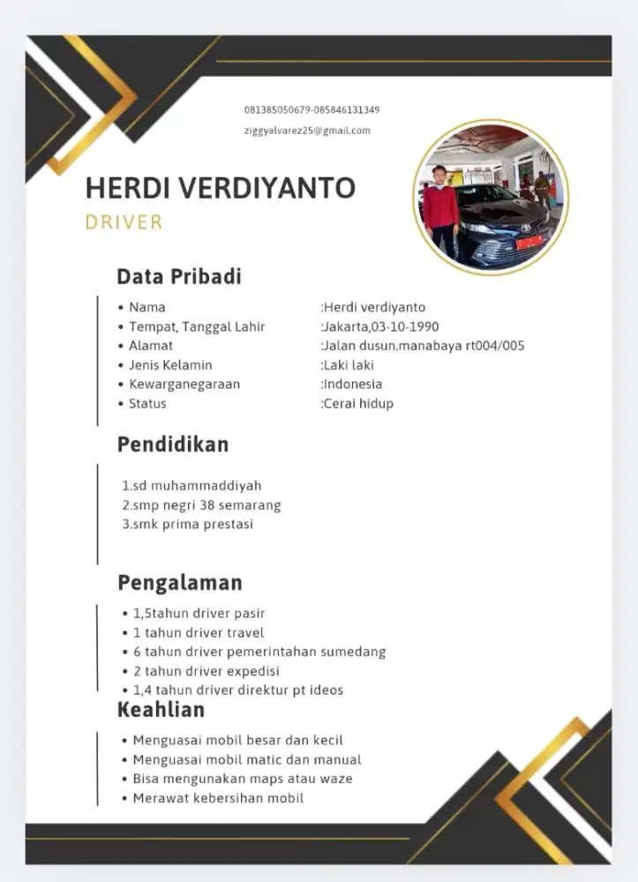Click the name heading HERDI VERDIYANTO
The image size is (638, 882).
tap(220, 188)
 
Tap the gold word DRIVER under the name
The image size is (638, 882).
tap(124, 222)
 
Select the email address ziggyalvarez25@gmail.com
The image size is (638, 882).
tap(307, 131)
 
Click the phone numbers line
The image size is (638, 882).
tap(311, 110)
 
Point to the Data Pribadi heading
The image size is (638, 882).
tap(179, 277)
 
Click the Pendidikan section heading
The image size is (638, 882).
tap(173, 445)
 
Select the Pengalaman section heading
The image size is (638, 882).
tap(180, 583)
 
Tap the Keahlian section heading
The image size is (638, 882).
tap(161, 710)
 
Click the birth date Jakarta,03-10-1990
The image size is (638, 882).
tap(380, 326)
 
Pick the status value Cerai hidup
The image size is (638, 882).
tap(357, 403)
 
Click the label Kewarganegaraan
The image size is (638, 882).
tap(184, 384)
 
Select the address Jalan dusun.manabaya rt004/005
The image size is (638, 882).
tap(423, 346)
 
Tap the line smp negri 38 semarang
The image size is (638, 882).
tap(201, 505)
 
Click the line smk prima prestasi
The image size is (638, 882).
tap(187, 524)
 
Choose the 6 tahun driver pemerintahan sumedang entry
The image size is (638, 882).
tap(259, 652)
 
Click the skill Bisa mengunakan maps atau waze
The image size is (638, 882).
tap(242, 779)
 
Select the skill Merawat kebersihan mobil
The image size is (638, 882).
tap(218, 798)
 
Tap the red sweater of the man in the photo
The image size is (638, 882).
tap(440, 206)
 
